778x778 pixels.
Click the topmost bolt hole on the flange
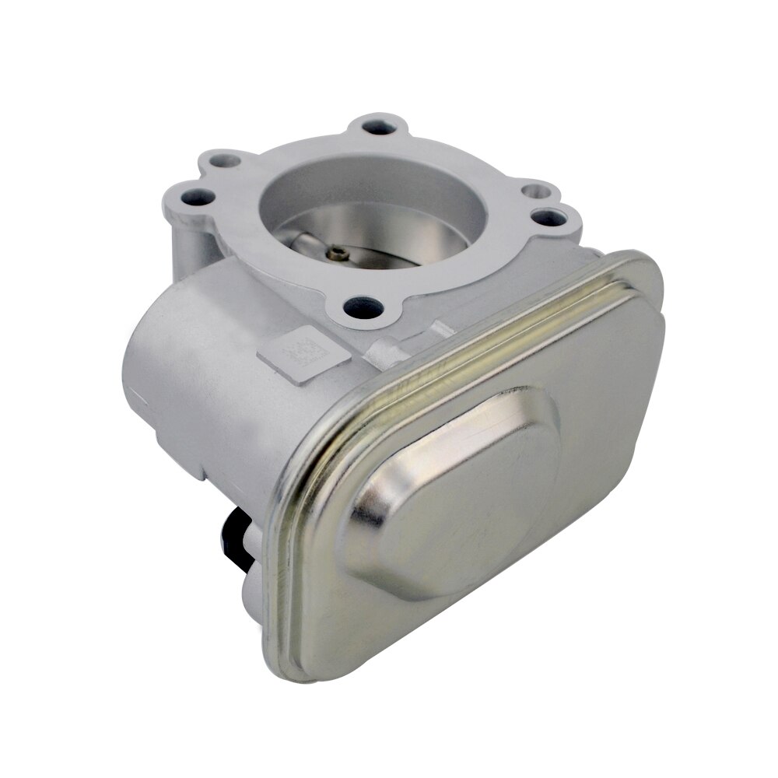point(379,124)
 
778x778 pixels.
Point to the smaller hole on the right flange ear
point(533,190)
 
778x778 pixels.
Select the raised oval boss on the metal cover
point(455,490)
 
